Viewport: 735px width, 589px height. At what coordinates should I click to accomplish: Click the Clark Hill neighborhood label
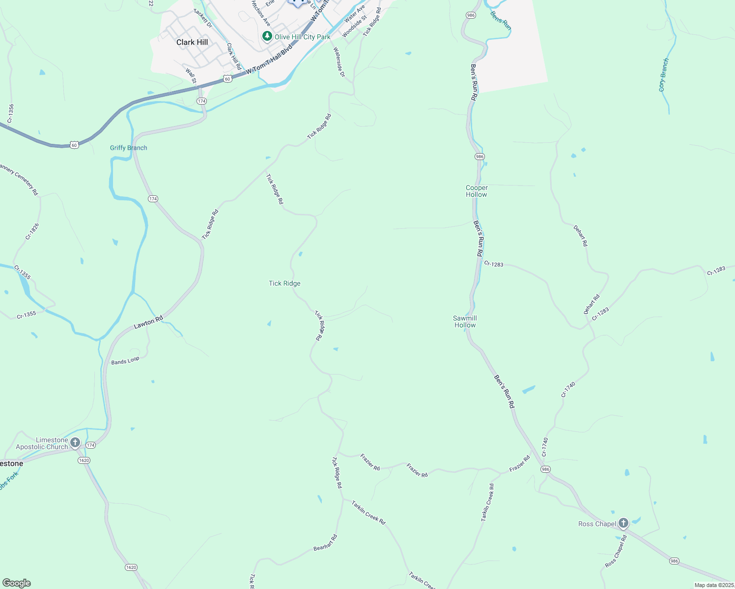click(x=192, y=42)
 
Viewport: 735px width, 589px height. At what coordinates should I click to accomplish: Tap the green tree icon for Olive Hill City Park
click(x=267, y=36)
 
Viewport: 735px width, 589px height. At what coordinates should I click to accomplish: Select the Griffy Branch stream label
click(x=128, y=148)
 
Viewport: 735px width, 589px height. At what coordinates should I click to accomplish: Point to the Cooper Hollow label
click(x=477, y=191)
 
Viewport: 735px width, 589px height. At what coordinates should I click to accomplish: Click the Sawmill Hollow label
click(x=465, y=321)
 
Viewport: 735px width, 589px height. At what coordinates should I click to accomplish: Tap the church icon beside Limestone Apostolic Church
click(x=75, y=443)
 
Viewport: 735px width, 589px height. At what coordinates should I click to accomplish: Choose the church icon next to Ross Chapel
click(x=623, y=523)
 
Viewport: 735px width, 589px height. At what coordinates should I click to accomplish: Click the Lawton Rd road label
click(x=148, y=322)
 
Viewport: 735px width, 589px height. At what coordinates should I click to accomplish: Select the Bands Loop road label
click(x=125, y=361)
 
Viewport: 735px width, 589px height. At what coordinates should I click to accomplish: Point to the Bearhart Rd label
click(x=325, y=542)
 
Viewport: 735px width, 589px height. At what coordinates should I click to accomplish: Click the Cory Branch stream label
click(x=664, y=75)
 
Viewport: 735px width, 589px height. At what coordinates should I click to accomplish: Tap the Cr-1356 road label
click(x=11, y=113)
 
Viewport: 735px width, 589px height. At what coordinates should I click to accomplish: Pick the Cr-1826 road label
click(x=32, y=232)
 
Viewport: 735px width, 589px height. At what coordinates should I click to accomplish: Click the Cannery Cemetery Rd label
click(x=19, y=180)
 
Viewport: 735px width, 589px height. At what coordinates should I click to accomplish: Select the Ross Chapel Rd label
click(x=616, y=551)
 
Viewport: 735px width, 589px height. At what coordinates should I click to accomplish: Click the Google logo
click(x=17, y=583)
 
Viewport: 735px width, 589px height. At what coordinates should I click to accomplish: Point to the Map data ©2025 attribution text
click(x=714, y=585)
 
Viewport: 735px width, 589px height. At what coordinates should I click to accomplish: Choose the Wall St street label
click(x=191, y=76)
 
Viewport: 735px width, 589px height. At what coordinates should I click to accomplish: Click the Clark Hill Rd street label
click(x=234, y=56)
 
